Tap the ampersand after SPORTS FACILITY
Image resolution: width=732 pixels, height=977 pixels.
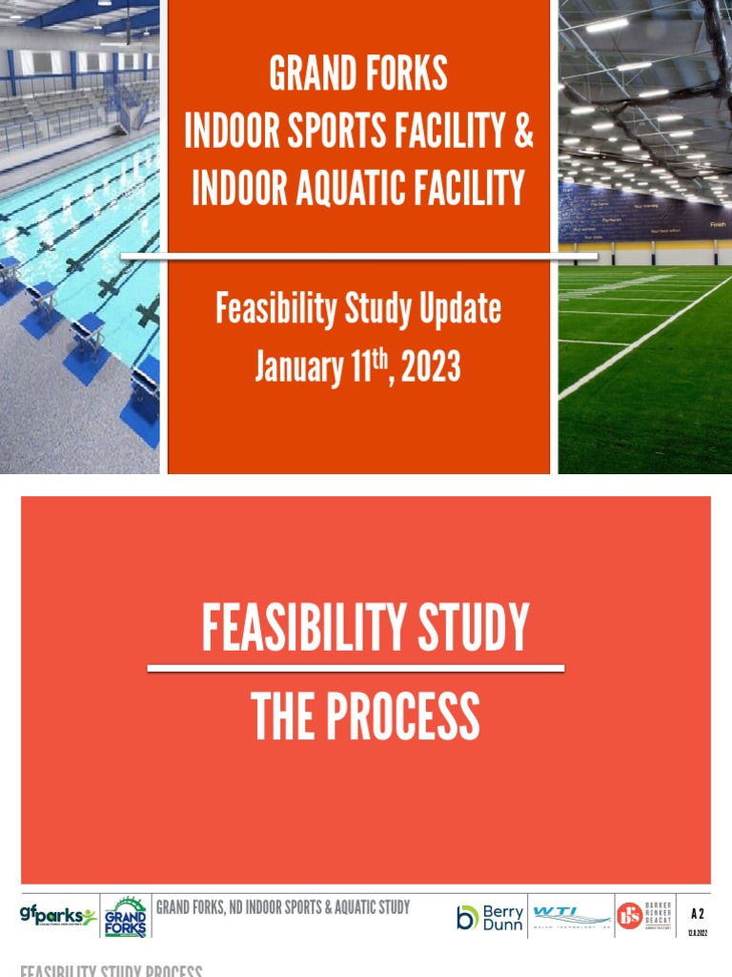pos(523,132)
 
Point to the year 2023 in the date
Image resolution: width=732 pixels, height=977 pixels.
pos(431,366)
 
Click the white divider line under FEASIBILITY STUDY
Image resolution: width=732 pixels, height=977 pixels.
pos(356,669)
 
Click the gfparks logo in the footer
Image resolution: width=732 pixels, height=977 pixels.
pos(58,917)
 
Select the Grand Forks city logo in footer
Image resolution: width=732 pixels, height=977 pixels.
pos(125,917)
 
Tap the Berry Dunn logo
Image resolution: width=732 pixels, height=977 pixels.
pos(489,917)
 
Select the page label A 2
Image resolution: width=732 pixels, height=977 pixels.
pos(697,914)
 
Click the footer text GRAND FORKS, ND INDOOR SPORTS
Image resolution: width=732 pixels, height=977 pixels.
pos(282,906)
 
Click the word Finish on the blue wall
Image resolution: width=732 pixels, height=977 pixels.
pos(717,224)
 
